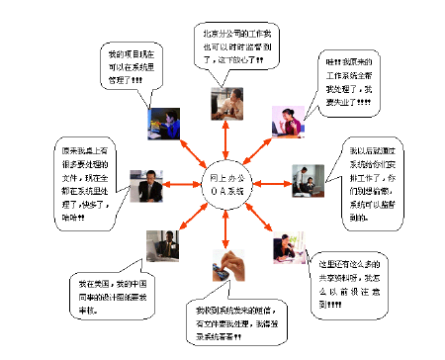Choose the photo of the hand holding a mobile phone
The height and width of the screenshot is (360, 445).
222,266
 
